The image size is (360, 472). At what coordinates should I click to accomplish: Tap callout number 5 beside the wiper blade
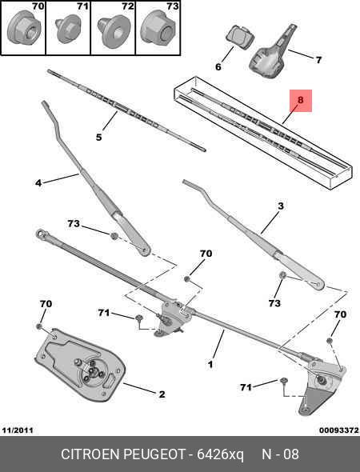pos(98,137)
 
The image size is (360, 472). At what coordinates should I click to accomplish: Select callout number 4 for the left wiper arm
pos(38,183)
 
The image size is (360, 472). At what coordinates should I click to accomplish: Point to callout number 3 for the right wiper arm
pos(280,206)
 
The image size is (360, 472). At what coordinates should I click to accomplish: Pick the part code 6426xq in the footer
pos(221,454)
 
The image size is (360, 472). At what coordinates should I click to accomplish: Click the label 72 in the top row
pos(126,6)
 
